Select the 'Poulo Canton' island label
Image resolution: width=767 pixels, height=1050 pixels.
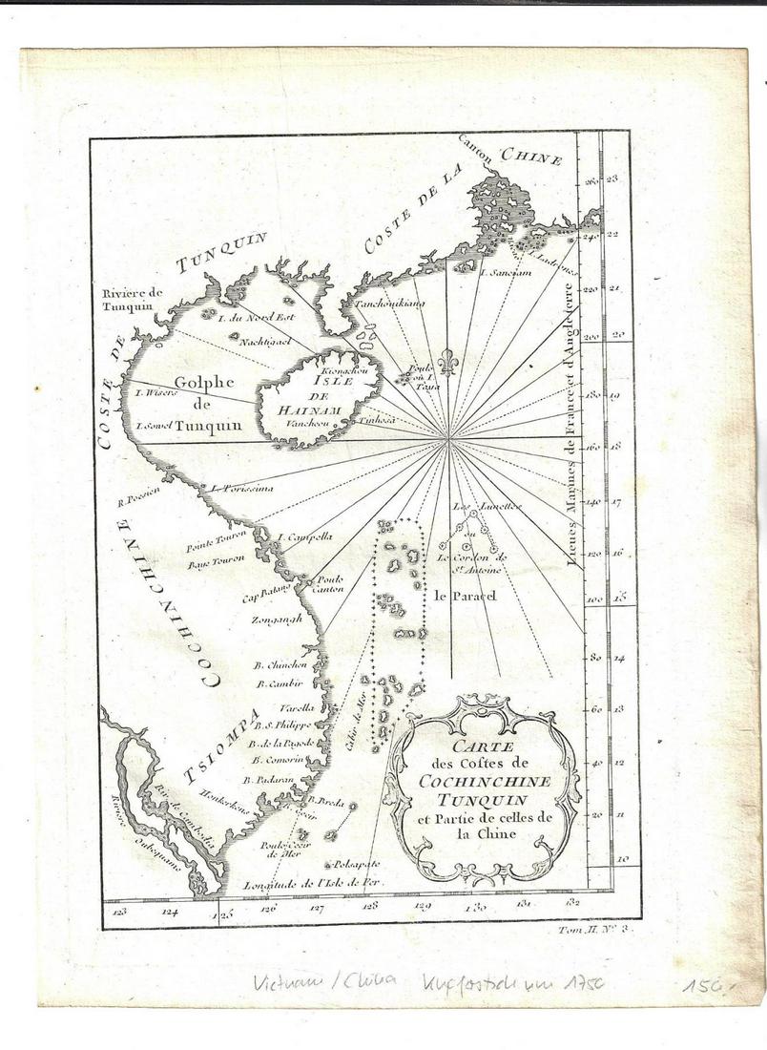pyautogui.click(x=329, y=584)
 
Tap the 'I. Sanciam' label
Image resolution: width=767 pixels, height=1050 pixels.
pyautogui.click(x=504, y=273)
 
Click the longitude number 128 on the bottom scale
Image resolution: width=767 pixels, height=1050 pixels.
pyautogui.click(x=370, y=905)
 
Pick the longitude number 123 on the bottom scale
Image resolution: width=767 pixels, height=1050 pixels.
pyautogui.click(x=120, y=911)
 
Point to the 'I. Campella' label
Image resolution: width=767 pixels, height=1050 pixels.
pyautogui.click(x=305, y=536)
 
